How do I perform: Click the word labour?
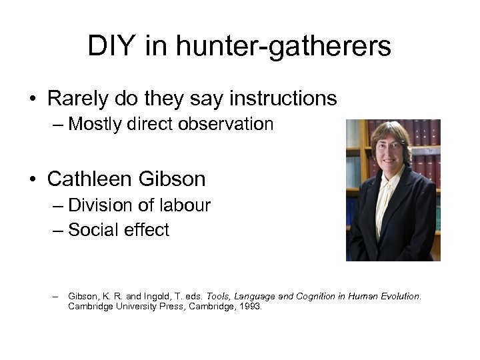[x=185, y=206]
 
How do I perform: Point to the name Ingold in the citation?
[x=161, y=296]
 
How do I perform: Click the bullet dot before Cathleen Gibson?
[x=33, y=179]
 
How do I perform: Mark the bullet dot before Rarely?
[x=33, y=99]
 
